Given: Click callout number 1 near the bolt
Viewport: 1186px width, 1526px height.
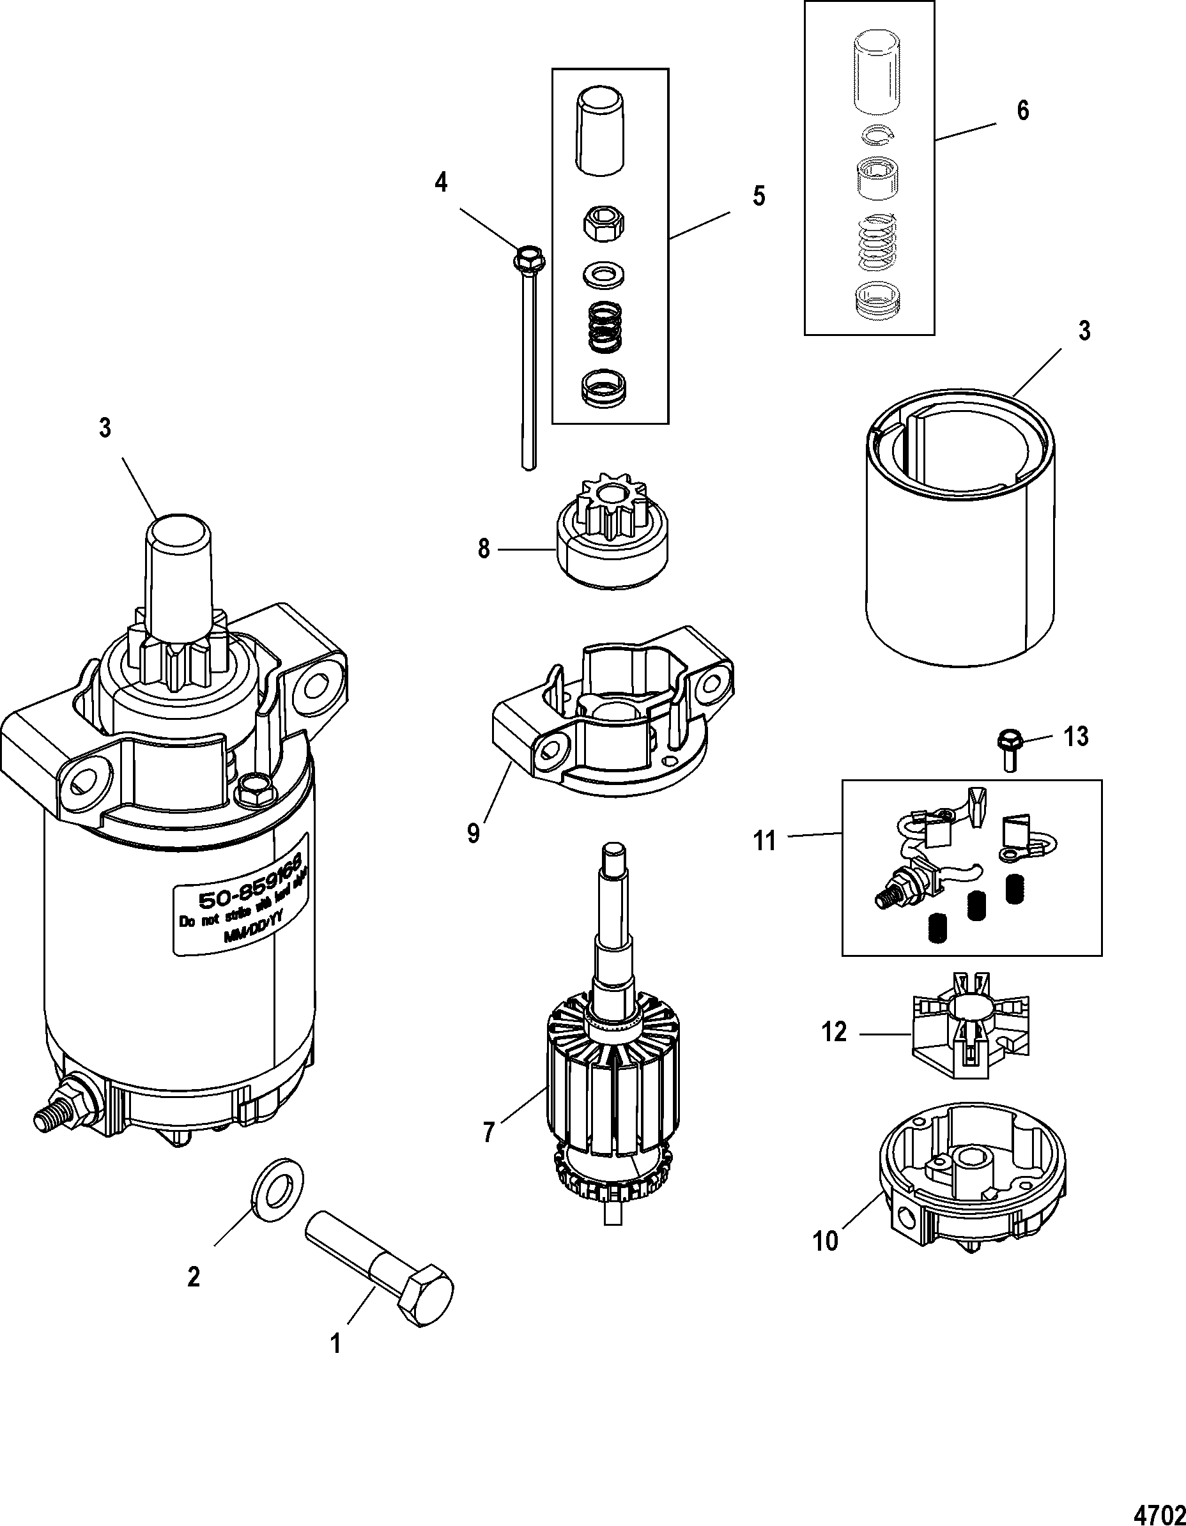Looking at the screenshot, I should [x=336, y=1343].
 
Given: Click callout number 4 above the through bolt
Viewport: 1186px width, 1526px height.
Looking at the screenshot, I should [x=440, y=184].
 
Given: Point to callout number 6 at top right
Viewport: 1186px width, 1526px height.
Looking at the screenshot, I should [x=1022, y=111].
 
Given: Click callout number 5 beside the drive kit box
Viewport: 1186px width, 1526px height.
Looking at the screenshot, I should [x=759, y=196].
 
